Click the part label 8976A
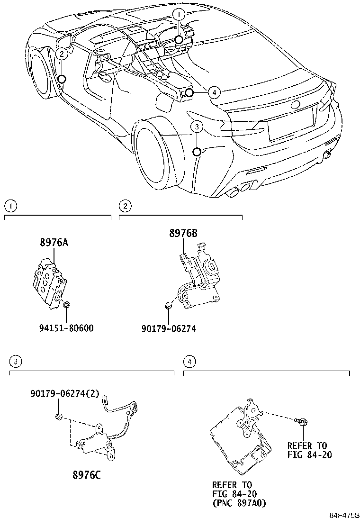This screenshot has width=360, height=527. (x=54, y=243)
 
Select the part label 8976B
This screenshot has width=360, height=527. (x=183, y=233)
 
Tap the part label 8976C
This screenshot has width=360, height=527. (x=87, y=474)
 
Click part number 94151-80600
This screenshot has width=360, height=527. (x=67, y=328)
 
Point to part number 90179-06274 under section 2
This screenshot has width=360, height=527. (x=169, y=328)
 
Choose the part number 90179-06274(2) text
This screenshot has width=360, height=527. (x=65, y=393)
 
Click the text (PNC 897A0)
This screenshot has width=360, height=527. (x=239, y=503)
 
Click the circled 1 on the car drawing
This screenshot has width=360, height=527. (x=179, y=14)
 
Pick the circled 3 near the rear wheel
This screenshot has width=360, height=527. (x=197, y=127)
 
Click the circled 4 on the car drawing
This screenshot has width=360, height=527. (x=214, y=92)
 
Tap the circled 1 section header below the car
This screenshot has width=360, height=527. (x=11, y=206)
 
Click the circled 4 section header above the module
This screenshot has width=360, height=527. (x=190, y=362)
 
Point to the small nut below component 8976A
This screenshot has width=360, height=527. (x=66, y=305)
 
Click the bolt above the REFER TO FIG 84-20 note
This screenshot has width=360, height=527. (x=301, y=421)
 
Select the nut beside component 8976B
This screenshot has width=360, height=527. (x=169, y=305)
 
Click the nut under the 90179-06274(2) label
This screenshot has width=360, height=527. (x=58, y=417)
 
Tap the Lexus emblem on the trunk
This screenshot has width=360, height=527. (x=295, y=105)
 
